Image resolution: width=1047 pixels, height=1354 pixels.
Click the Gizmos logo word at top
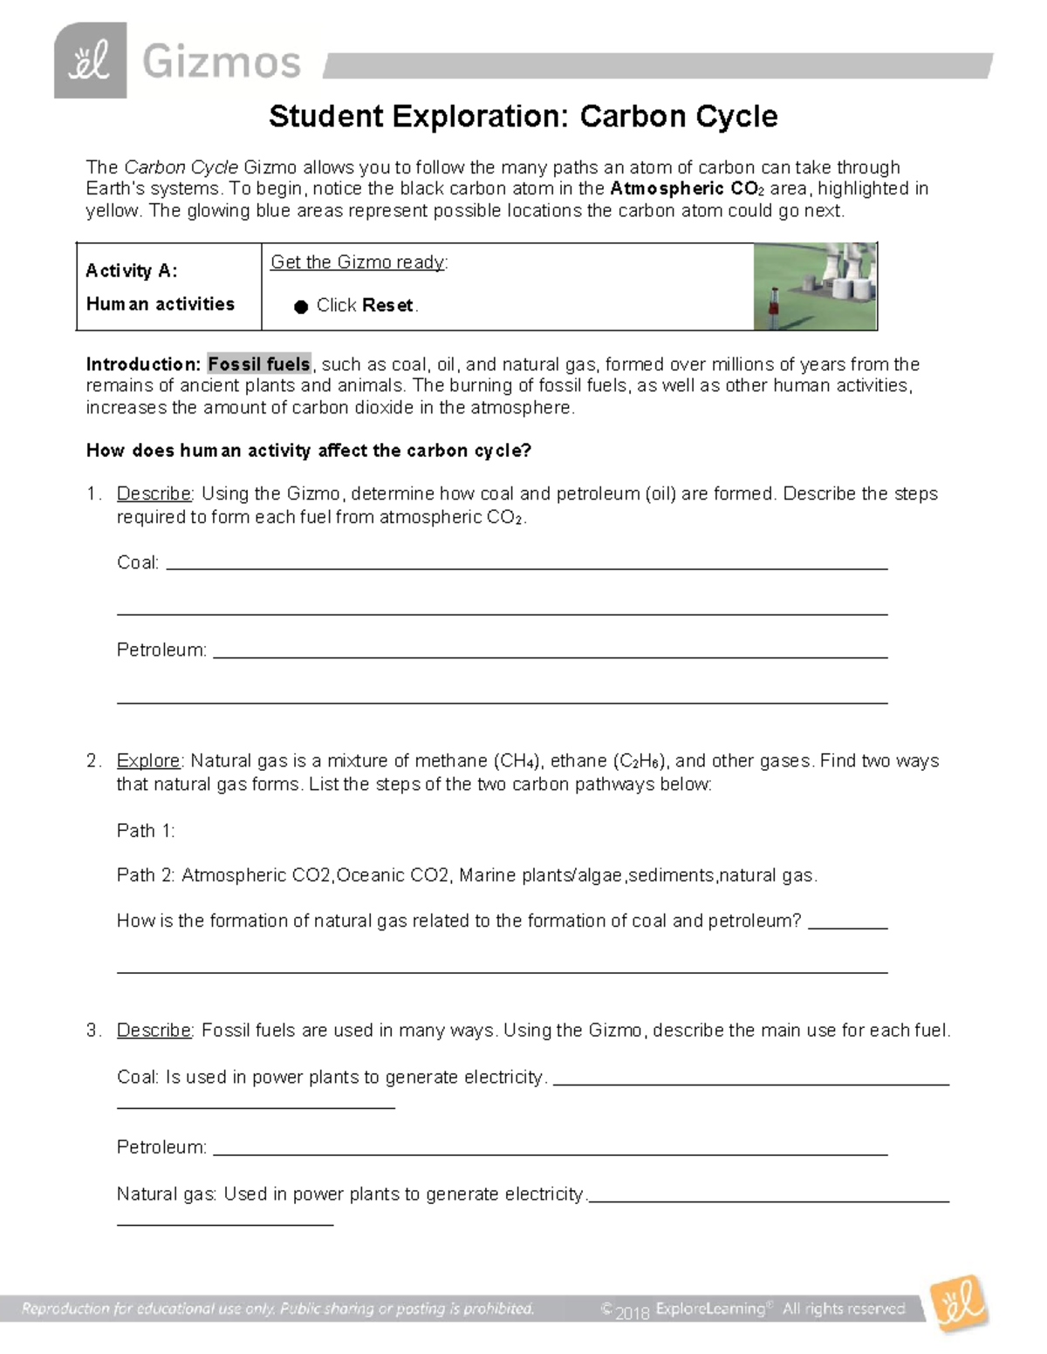(222, 63)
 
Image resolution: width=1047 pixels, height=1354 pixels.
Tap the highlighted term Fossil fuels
(259, 364)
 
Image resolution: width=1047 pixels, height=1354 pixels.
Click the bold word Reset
(388, 305)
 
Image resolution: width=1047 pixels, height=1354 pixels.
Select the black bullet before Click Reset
(301, 306)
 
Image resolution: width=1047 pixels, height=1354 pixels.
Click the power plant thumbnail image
(815, 286)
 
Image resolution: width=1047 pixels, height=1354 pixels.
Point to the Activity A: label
(132, 271)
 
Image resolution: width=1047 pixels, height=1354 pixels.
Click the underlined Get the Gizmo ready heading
(359, 262)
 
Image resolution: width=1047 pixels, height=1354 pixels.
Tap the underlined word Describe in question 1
(154, 493)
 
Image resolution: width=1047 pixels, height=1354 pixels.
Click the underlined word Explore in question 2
(149, 760)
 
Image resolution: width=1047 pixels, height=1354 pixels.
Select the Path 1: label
(146, 830)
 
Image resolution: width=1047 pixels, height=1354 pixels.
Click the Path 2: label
(146, 875)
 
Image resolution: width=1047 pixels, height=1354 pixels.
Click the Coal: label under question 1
(138, 562)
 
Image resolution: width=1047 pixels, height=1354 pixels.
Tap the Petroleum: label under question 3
(162, 1147)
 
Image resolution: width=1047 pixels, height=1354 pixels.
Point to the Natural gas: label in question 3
(167, 1194)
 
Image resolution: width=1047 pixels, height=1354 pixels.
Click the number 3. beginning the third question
(94, 1031)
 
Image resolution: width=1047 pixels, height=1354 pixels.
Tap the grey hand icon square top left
(91, 61)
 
